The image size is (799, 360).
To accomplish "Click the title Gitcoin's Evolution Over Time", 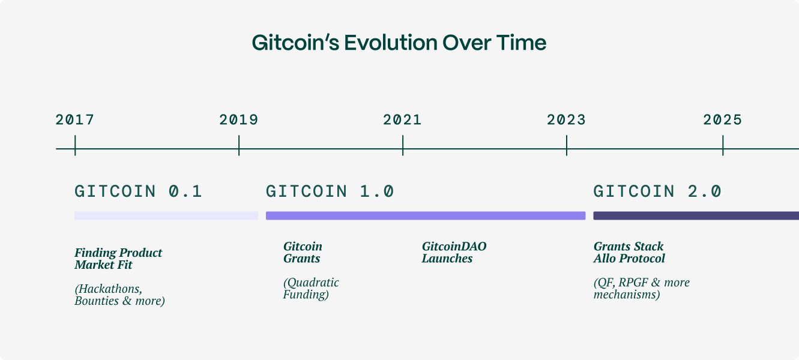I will click(399, 43).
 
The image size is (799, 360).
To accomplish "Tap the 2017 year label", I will click(75, 120).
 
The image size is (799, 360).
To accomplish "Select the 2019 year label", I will click(239, 120).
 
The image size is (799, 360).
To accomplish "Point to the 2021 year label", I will click(403, 120).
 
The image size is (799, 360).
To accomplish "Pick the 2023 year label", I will click(566, 120).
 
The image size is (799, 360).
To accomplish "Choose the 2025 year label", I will click(723, 120).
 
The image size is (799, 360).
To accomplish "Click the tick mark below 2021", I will click(403, 145).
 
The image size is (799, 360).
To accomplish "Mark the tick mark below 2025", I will click(723, 145).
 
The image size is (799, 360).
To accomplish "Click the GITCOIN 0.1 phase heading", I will click(139, 191).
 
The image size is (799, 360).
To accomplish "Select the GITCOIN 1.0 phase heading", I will click(330, 191).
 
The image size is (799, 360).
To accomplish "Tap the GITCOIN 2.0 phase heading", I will click(657, 191).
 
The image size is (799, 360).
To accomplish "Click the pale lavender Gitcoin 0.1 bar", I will click(166, 215).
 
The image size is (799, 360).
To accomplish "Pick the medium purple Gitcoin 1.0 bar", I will click(426, 215).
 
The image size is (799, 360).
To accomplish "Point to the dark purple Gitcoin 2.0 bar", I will click(696, 215).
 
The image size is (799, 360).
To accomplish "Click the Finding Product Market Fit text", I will click(118, 259).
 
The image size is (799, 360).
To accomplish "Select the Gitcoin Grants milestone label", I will click(303, 253).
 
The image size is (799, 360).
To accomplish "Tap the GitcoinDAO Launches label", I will click(454, 253).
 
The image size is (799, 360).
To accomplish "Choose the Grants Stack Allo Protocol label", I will click(629, 253).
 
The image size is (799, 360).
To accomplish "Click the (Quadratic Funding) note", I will click(311, 289).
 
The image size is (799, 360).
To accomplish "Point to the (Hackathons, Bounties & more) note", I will click(119, 295).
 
